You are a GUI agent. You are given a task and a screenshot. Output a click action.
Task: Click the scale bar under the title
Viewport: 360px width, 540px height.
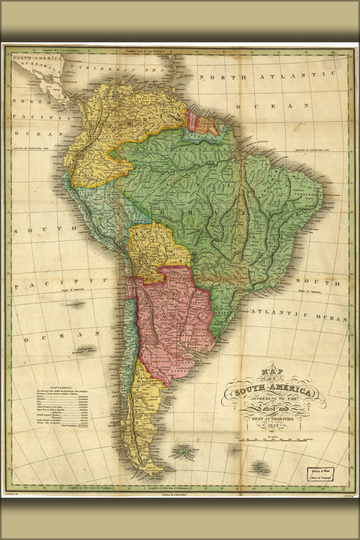(278, 450)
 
